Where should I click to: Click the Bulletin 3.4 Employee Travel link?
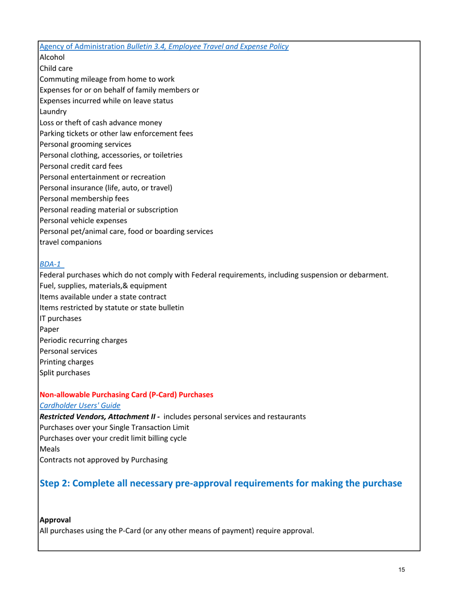pos(164,46)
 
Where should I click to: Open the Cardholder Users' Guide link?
pos(80,406)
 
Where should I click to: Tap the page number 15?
pos(402,570)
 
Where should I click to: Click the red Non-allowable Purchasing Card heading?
pos(126,395)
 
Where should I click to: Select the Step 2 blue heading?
pos(220,483)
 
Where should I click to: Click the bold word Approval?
pos(55,520)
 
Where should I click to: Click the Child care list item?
pos(56,68)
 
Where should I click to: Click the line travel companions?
pos(71,242)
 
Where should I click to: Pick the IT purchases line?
pos(60,319)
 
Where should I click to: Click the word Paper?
pos(49,329)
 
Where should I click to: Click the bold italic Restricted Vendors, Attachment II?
pos(100,416)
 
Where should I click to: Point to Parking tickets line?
pos(116,133)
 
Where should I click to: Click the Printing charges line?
pos(67,362)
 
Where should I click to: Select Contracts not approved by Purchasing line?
pos(103,460)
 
